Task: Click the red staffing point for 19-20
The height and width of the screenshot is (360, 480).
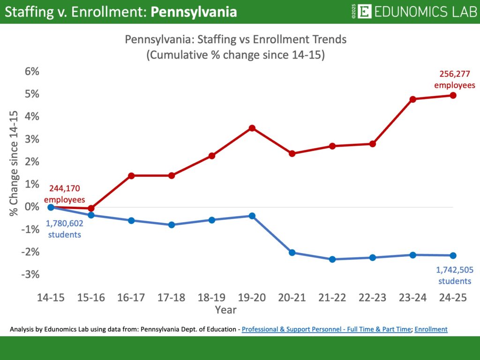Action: (252, 128)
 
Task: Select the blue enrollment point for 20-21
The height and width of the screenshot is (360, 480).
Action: (292, 253)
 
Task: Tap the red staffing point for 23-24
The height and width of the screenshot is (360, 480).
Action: (413, 99)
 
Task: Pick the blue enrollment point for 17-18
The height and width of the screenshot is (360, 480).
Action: (171, 225)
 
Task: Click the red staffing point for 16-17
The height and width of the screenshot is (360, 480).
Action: (131, 176)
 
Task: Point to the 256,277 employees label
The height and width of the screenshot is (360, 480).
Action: (454, 79)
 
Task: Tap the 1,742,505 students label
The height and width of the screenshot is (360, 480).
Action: (454, 276)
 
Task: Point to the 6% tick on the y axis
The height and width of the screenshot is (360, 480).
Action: (30, 72)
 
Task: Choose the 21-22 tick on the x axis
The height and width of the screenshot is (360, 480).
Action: (332, 298)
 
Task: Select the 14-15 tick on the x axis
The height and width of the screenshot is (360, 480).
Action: (51, 298)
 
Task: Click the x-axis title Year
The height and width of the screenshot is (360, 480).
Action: (225, 310)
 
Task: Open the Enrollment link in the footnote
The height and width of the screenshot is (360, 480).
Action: (431, 330)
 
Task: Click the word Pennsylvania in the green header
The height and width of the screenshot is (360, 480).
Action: (194, 12)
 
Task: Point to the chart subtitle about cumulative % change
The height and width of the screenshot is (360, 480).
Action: (235, 54)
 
